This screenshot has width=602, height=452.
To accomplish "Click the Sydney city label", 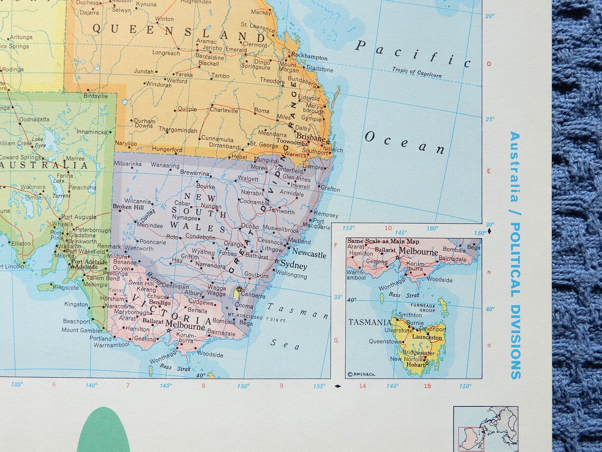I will [x=294, y=264].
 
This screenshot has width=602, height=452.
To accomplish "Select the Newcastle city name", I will [x=309, y=254].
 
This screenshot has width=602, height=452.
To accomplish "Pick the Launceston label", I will [x=427, y=337].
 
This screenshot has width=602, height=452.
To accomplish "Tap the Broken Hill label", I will [x=128, y=207].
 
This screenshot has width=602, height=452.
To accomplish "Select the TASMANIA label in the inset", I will [x=369, y=322].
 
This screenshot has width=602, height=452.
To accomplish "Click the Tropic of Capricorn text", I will [x=417, y=72].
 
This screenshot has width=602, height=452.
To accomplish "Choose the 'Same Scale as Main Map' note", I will [x=374, y=242].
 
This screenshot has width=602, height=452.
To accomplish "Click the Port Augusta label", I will [x=79, y=217].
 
